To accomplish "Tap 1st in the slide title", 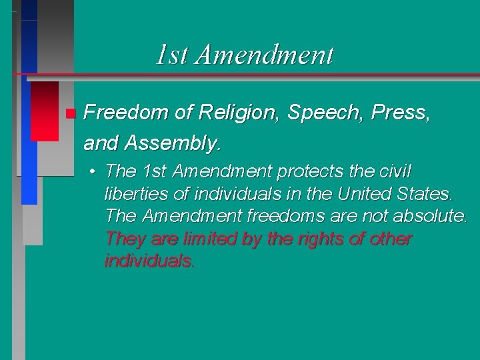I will coord(172,55).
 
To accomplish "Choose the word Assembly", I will coord(179,143).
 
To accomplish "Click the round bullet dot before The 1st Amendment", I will coord(94,172).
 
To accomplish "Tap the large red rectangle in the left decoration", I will coord(44,110).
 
